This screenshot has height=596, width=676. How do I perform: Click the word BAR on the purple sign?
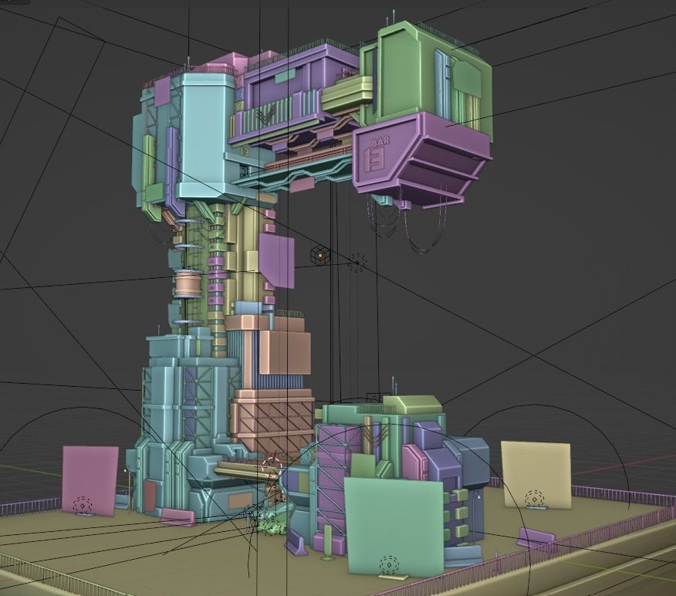click(380, 143)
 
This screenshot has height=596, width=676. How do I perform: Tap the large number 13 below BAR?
click(376, 159)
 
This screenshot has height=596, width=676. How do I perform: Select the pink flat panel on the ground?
click(90, 479)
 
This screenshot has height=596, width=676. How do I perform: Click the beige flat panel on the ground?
click(536, 474)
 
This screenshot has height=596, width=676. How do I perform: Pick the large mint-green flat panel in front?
click(394, 525)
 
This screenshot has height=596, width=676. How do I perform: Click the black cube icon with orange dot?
click(319, 255)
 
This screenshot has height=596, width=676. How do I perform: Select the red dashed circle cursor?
click(272, 468)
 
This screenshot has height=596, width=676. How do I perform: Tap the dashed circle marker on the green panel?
click(389, 564)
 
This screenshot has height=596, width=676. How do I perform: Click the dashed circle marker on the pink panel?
click(83, 506)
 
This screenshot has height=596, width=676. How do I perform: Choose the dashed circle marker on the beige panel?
click(534, 499)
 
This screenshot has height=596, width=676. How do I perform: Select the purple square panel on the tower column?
click(276, 261)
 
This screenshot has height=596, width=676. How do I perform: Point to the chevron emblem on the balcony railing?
click(266, 117)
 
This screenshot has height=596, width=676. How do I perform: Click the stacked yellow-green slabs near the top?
click(346, 94)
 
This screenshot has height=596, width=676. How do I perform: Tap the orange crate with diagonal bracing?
click(272, 420)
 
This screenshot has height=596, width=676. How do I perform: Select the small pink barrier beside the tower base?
click(177, 516)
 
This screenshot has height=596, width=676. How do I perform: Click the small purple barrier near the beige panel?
click(536, 537)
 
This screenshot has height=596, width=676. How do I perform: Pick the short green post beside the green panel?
click(328, 540)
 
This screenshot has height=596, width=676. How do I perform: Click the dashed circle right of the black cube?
click(356, 263)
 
